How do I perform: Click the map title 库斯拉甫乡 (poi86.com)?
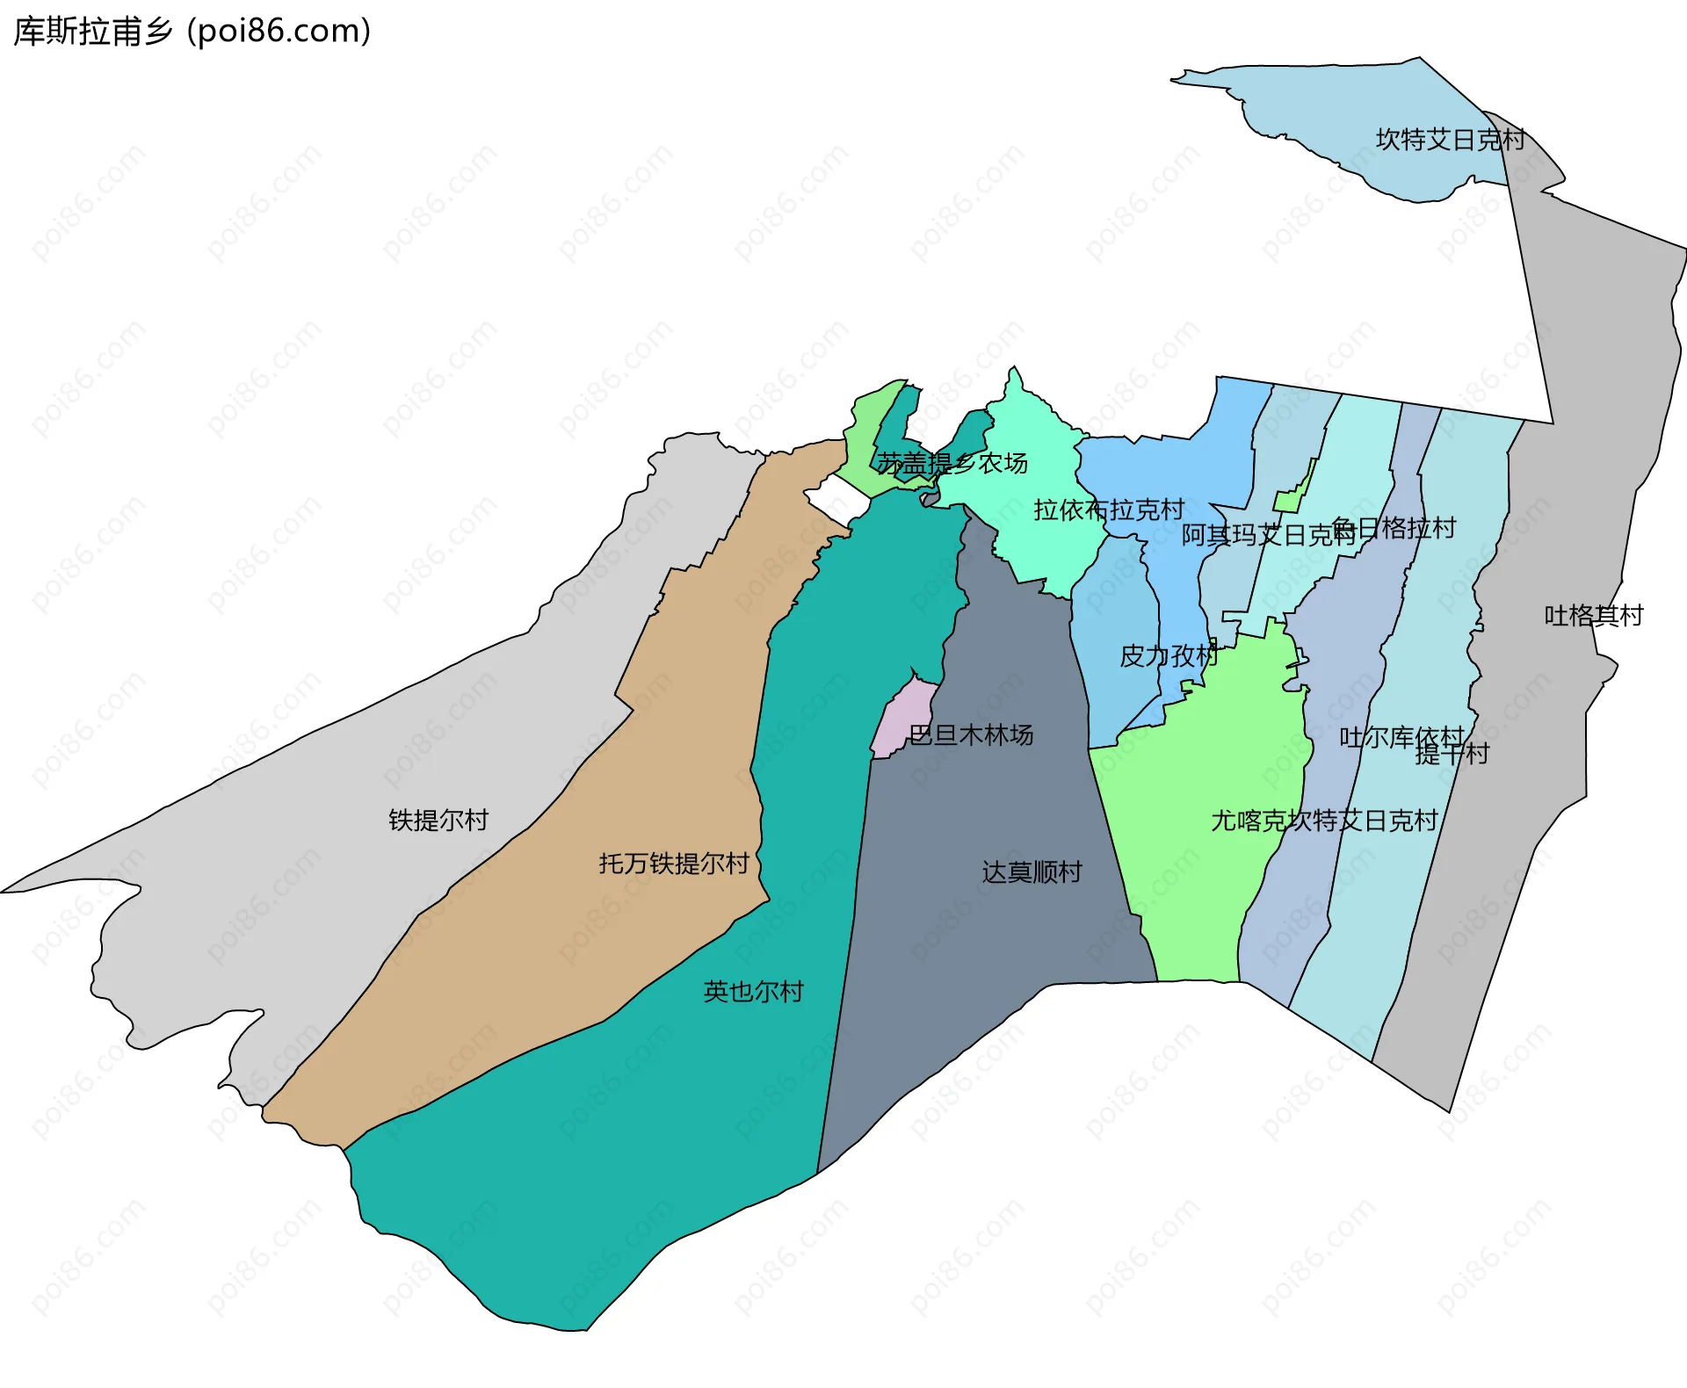[192, 32]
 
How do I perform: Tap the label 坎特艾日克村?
[1450, 140]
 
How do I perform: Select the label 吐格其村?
[1593, 615]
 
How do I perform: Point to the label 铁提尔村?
[438, 820]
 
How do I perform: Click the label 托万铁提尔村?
[674, 864]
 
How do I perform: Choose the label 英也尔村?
[753, 991]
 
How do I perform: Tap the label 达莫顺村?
[1032, 871]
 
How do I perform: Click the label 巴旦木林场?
[970, 734]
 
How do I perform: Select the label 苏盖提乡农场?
[952, 463]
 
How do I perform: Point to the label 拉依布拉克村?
[1109, 510]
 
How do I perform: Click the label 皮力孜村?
[1168, 655]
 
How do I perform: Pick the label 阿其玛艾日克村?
[1268, 535]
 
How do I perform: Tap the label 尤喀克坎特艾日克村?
[1324, 820]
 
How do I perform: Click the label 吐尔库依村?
[1401, 736]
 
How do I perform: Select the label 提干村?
[1452, 754]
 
